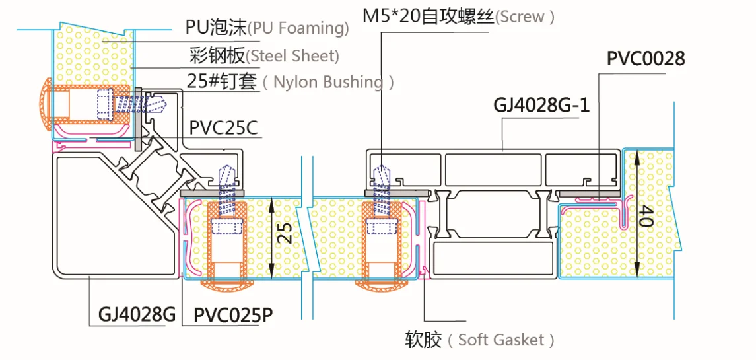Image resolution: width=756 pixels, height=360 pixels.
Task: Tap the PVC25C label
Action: click(x=225, y=129)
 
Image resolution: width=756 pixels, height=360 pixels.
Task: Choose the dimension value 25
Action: click(x=285, y=234)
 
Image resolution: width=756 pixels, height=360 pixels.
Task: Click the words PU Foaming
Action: click(x=298, y=29)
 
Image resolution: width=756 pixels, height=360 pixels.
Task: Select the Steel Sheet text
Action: click(x=292, y=56)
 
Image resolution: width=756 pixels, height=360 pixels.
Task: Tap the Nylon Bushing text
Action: click(x=328, y=82)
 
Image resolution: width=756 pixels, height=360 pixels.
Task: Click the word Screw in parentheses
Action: click(x=524, y=17)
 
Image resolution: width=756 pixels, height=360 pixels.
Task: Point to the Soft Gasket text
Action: click(x=500, y=340)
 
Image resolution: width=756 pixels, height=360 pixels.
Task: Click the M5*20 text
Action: click(x=391, y=17)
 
